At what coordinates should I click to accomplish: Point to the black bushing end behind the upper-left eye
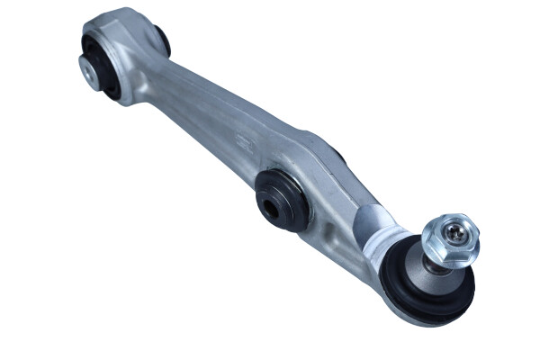tap(162, 39)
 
